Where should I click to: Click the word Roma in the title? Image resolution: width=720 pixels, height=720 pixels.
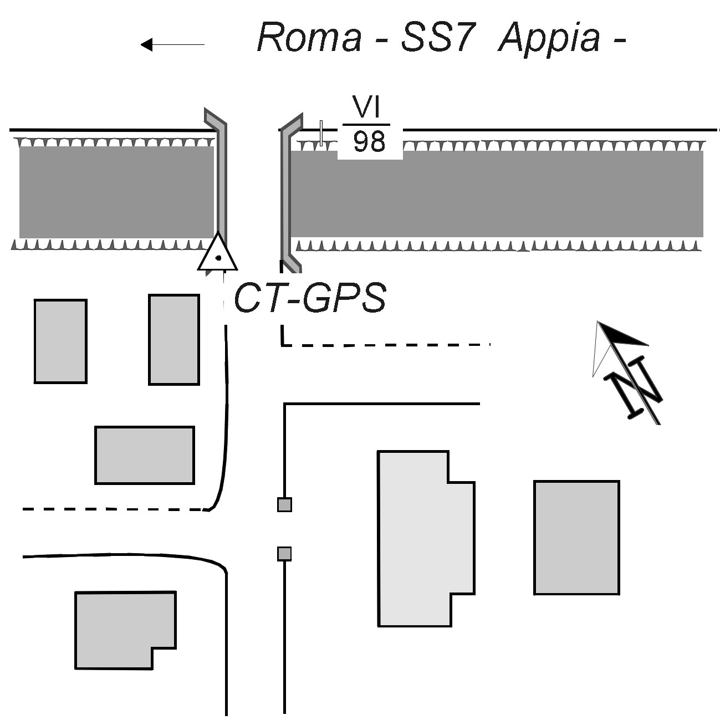(309, 38)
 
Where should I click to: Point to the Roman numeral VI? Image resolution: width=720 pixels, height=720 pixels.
(368, 108)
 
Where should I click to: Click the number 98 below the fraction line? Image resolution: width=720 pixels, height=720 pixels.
(369, 142)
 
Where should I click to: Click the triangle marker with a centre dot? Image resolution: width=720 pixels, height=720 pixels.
(218, 255)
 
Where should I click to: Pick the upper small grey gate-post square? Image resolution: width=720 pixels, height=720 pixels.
(284, 504)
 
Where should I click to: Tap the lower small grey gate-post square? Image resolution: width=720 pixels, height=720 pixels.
(284, 553)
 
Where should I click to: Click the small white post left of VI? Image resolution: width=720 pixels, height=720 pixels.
(321, 133)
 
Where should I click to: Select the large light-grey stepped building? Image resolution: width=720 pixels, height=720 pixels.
(421, 538)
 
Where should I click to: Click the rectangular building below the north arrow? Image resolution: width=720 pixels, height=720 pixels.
(576, 537)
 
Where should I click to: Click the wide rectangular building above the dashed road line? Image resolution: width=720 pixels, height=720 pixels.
(144, 455)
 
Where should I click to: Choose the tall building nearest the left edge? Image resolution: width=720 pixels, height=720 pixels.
(60, 341)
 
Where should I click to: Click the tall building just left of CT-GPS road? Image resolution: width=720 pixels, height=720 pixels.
(173, 339)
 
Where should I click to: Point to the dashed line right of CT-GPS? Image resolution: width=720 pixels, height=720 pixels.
(388, 345)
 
